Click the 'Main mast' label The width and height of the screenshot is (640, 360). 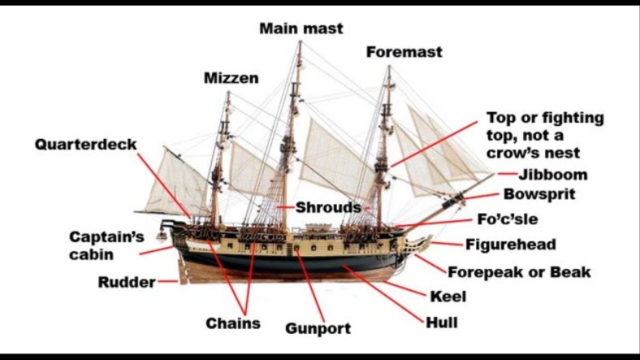(301, 28)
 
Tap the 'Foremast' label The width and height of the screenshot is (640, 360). (404, 52)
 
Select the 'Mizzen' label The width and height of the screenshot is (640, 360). (231, 79)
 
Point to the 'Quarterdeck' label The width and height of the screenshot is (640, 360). (85, 145)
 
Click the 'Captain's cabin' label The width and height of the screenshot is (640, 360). (106, 245)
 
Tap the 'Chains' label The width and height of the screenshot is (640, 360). (233, 323)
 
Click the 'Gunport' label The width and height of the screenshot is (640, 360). (318, 328)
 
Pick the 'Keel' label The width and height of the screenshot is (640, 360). (448, 297)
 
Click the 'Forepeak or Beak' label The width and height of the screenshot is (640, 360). (519, 272)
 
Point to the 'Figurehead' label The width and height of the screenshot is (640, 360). (510, 245)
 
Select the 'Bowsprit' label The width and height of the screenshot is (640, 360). (539, 194)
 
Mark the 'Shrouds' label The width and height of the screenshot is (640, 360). (322, 207)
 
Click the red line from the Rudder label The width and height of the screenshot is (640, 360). (168, 282)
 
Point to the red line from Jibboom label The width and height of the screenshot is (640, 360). (507, 174)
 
